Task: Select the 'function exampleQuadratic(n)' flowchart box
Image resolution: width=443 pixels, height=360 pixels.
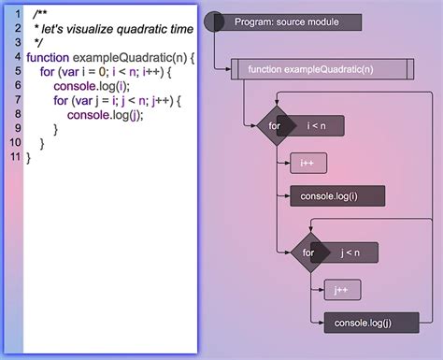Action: pos(322,69)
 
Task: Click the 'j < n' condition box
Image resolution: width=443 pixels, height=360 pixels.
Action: pos(348,252)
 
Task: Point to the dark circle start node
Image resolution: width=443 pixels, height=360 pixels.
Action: pos(214,21)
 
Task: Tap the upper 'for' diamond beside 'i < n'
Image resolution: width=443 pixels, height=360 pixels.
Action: pos(274,125)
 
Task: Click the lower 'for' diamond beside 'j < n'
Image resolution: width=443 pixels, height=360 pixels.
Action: pos(308,252)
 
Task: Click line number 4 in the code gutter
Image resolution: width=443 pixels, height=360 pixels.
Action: pos(18,57)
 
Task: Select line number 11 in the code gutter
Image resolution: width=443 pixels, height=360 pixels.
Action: pos(15,156)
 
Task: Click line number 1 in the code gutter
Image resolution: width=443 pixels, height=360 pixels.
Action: pos(18,15)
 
